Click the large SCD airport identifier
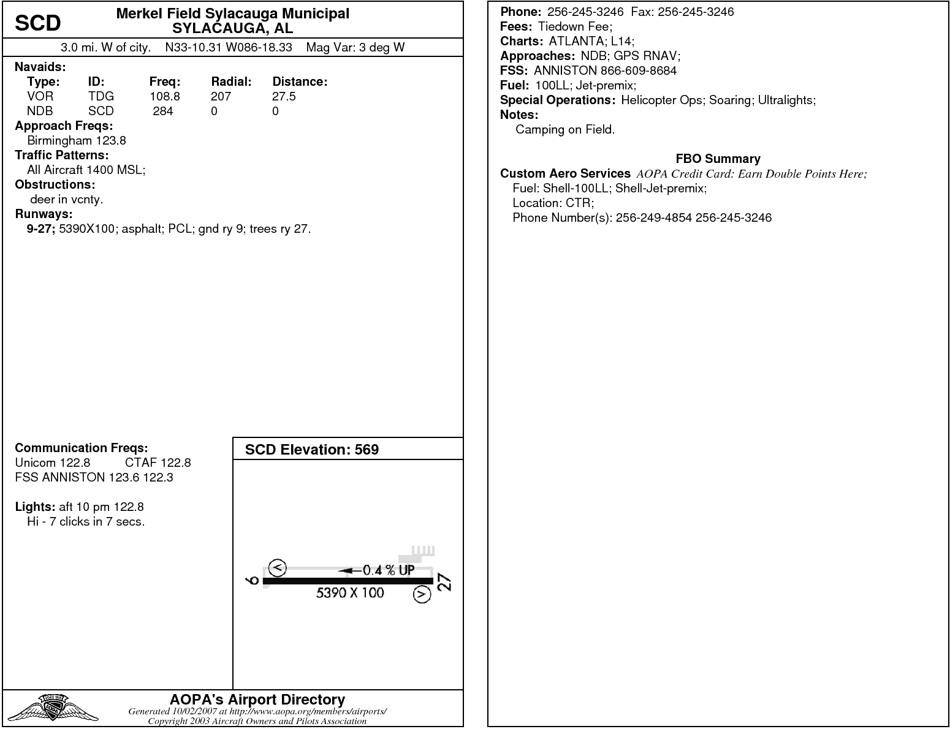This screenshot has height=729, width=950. (x=37, y=23)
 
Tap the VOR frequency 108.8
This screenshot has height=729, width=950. (x=165, y=96)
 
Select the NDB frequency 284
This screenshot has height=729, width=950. (x=163, y=111)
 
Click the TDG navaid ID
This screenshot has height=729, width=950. (x=101, y=96)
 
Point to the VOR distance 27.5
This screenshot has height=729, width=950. (x=284, y=96)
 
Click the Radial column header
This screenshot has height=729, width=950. (x=231, y=81)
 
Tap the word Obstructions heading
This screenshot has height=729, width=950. (x=55, y=184)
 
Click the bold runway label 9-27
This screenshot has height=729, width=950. (x=41, y=229)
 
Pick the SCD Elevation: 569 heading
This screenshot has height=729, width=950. (x=311, y=450)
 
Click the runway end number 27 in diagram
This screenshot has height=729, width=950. (x=446, y=582)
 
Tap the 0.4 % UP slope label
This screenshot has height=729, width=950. (x=388, y=570)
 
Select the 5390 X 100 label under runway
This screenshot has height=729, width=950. (x=350, y=592)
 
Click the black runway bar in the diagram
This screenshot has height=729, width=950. (x=348, y=581)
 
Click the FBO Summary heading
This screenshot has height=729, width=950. (x=718, y=159)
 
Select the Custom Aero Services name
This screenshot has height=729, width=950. (x=565, y=173)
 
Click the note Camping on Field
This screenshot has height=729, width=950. (x=564, y=129)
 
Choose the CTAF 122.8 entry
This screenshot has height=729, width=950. (x=158, y=463)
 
